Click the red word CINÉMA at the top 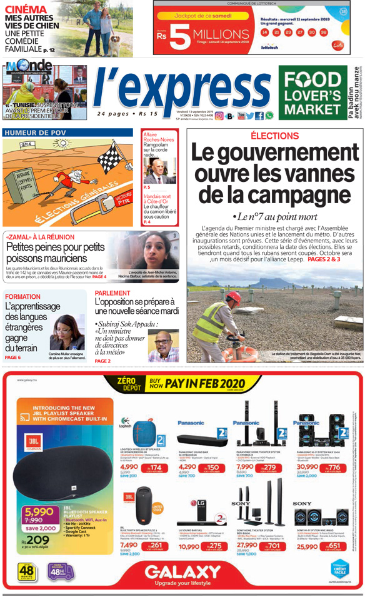pyautogui.click(x=26, y=9)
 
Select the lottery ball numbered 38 pyautogui.click(x=324, y=31)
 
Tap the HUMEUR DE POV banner pyautogui.click(x=35, y=133)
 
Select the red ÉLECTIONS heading pyautogui.click(x=274, y=136)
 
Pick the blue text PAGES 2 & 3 pyautogui.click(x=324, y=258)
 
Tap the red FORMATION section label pyautogui.click(x=22, y=296)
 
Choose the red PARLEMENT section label pyautogui.click(x=112, y=293)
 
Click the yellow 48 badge pyautogui.click(x=26, y=571)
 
